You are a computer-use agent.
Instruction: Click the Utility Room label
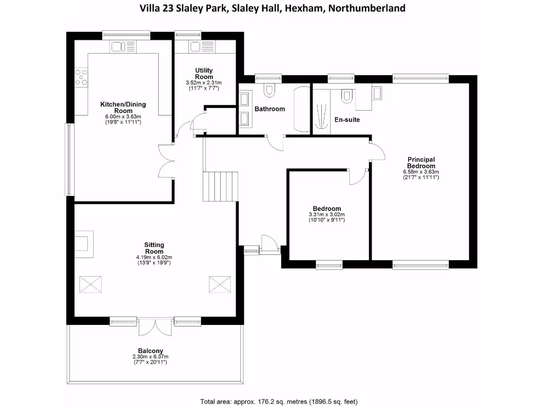click(204, 74)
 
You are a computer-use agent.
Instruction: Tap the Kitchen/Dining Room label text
click(123, 108)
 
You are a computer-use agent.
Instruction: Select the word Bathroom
click(269, 109)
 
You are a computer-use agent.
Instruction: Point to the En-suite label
click(347, 120)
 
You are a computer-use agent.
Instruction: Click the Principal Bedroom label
click(421, 163)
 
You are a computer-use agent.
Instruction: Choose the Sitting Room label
click(154, 248)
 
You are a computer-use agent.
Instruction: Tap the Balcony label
click(150, 351)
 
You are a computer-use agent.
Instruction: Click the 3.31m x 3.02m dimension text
click(327, 215)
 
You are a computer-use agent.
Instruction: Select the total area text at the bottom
click(282, 401)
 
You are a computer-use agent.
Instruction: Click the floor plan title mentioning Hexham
click(272, 8)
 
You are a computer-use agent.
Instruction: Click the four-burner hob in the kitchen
click(81, 77)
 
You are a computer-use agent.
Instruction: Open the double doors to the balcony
click(155, 327)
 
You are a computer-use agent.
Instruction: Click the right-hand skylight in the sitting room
click(220, 284)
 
